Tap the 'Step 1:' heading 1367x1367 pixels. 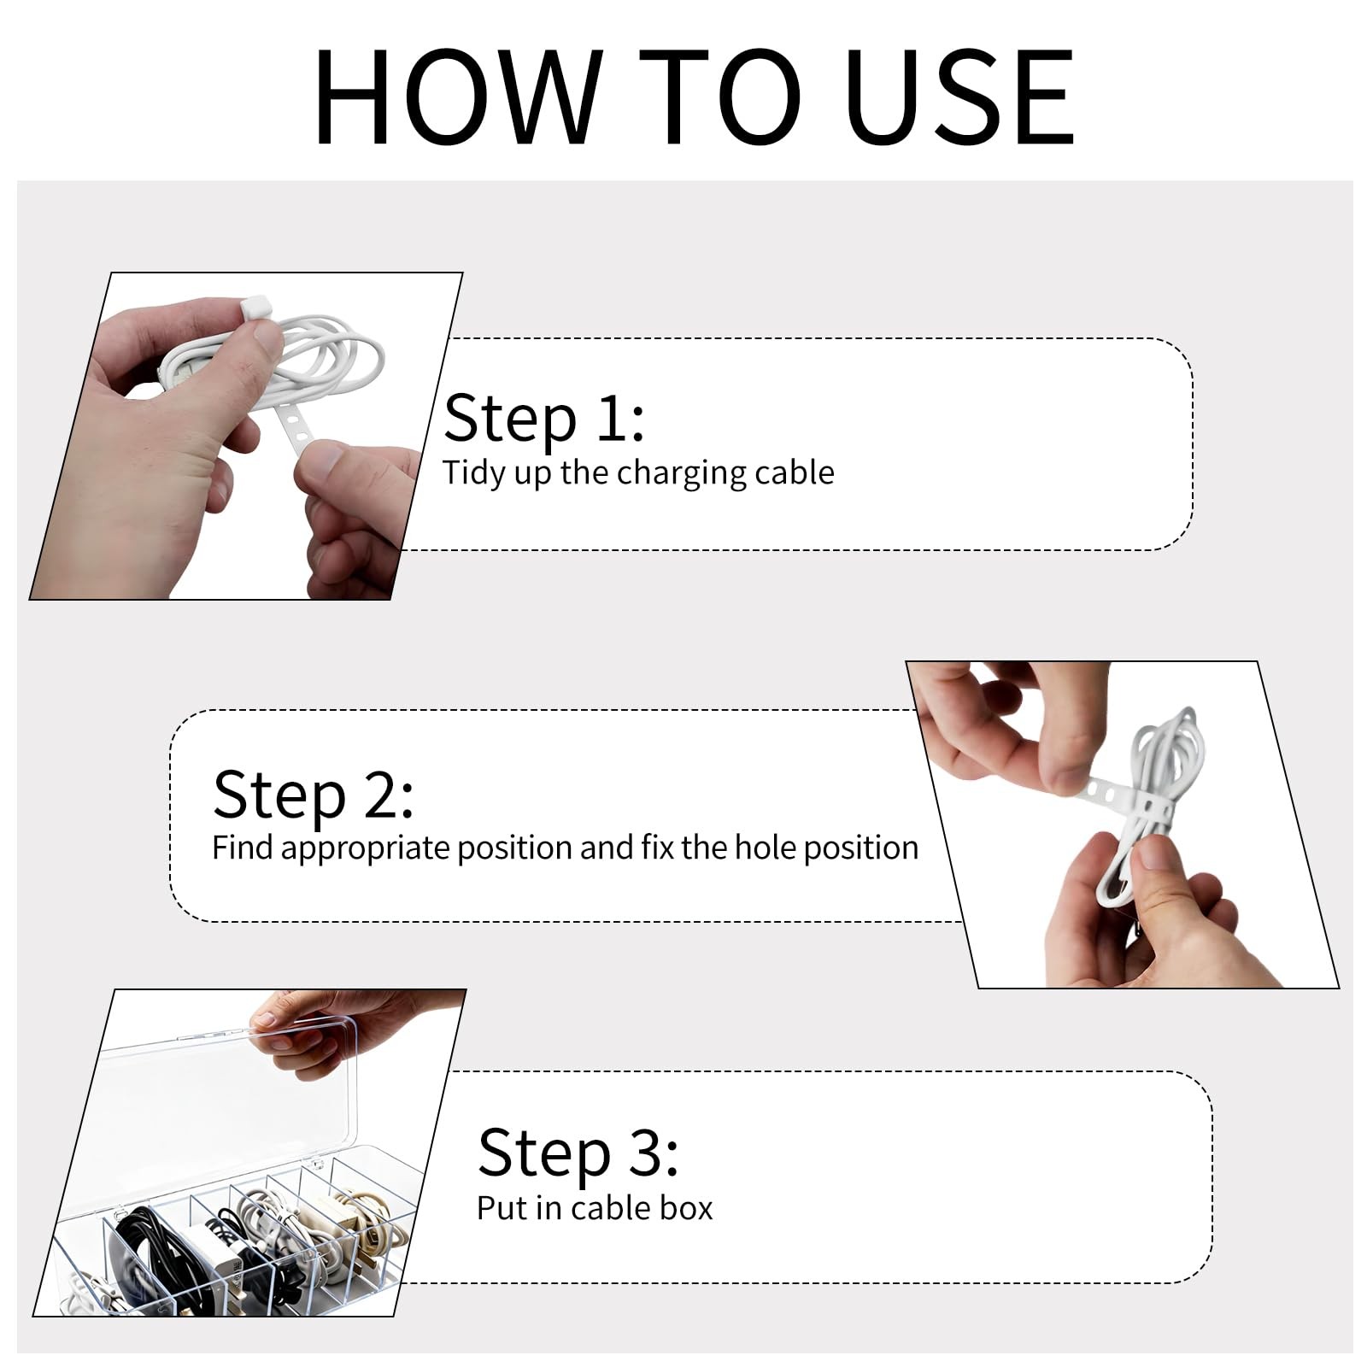(x=544, y=418)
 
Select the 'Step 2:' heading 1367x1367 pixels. (x=314, y=794)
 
